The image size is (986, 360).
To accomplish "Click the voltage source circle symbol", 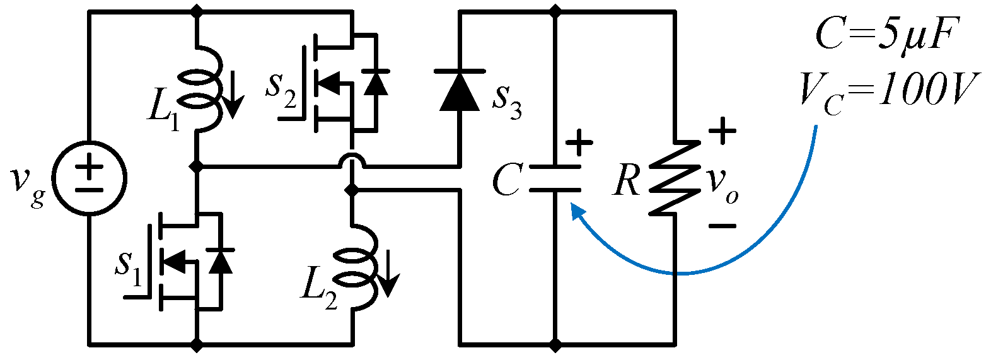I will coord(90,178).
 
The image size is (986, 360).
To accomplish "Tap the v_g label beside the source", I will coord(26,181).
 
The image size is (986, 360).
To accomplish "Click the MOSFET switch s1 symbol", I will coord(183,261).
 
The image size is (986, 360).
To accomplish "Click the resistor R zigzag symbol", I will coord(675,177).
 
